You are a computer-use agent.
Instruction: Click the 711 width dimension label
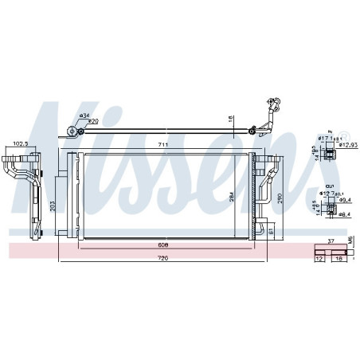coord(162,145)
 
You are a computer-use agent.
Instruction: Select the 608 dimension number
coord(162,246)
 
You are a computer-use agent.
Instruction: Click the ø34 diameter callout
coord(84,115)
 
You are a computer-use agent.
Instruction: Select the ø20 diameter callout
coord(93,122)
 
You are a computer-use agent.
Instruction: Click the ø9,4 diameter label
coord(344,202)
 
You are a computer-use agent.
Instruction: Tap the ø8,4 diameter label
coord(343,213)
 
